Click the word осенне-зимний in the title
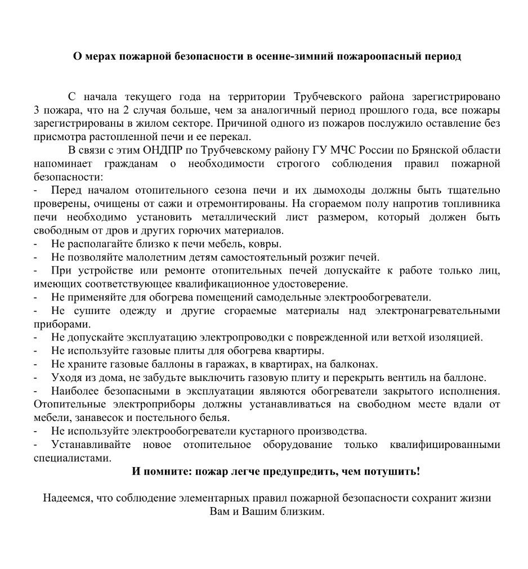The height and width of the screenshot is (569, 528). point(292,57)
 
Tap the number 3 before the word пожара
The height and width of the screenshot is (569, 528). point(37,110)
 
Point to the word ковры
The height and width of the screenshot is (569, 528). point(266,244)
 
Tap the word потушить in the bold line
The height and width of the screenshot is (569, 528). point(392,471)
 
